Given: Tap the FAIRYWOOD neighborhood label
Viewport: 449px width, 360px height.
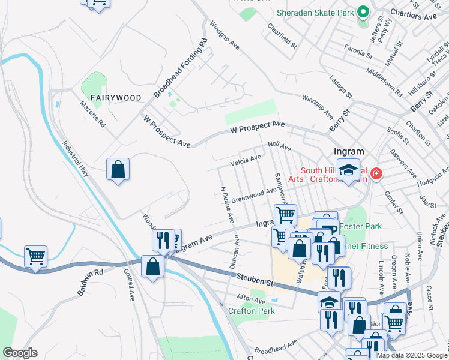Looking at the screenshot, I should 116,98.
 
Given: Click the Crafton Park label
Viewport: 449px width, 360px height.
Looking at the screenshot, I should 252,311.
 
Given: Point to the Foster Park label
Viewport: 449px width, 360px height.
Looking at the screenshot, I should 360,227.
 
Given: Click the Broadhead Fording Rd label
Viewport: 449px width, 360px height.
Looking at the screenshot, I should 180,68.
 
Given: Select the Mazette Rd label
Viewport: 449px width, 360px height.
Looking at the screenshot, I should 92,113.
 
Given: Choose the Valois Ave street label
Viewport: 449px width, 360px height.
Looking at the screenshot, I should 246,160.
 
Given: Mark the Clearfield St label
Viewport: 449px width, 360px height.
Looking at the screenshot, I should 282,36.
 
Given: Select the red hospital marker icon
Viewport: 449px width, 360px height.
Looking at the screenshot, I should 376,174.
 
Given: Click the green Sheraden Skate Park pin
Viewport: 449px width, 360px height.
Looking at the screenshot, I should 363,12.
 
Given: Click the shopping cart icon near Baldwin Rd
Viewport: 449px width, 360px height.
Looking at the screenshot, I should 35,256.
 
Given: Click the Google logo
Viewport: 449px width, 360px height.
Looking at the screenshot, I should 20,353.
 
